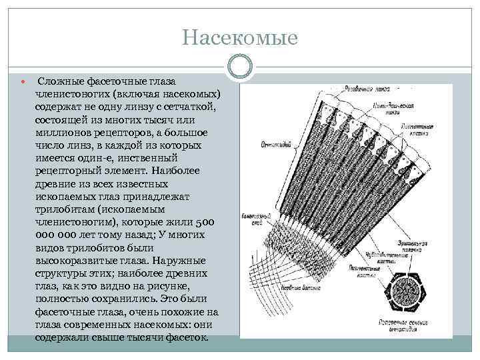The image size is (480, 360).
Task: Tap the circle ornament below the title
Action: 240,65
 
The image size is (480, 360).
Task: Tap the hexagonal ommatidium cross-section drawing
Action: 403,290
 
